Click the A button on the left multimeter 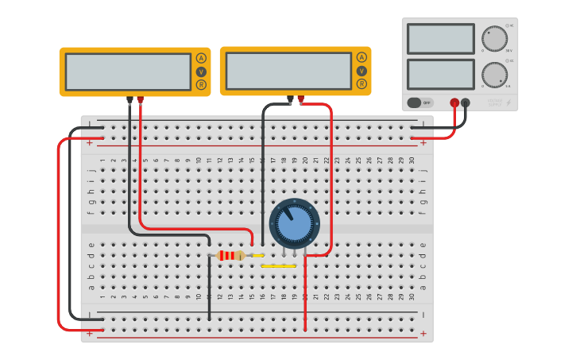tap(201, 58)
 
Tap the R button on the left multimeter tap(201, 84)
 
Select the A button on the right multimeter tap(361, 57)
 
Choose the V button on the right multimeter tap(361, 71)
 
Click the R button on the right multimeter tap(361, 83)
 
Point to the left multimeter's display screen tap(128, 72)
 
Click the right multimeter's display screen tap(288, 71)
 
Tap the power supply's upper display tap(440, 39)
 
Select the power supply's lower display tap(440, 74)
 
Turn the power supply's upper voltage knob tap(494, 38)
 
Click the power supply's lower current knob tap(494, 75)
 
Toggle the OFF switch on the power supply tap(421, 103)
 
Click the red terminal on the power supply tap(454, 103)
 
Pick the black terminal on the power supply tap(466, 103)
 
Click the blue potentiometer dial tap(294, 224)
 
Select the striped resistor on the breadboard tap(230, 255)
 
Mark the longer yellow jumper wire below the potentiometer tap(278, 266)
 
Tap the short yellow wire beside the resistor tap(257, 255)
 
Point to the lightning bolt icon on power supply tap(508, 103)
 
